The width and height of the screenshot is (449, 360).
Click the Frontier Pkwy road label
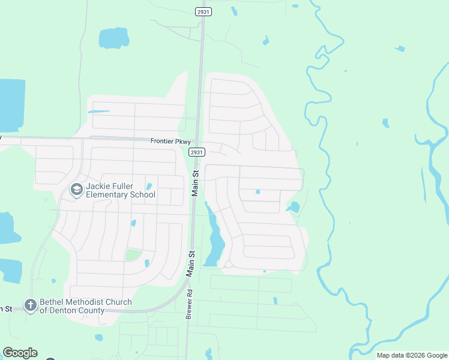[x=170, y=142]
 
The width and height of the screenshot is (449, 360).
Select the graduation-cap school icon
[x=76, y=190]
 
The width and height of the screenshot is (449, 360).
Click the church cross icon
[x=31, y=305]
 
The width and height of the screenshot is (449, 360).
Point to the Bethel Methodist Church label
[x=85, y=306]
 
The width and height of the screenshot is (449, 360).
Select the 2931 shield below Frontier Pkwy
[x=196, y=152]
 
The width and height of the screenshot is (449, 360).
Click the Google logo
[x=20, y=353]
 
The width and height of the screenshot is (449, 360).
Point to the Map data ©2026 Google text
[x=411, y=355]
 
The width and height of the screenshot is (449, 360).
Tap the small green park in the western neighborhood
[x=133, y=255]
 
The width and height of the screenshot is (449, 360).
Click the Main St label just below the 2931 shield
[x=194, y=182]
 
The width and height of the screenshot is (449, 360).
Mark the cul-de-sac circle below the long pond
[x=228, y=264]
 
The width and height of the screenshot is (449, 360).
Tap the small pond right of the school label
[x=149, y=187]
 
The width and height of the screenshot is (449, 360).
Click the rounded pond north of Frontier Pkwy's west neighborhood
[x=113, y=38]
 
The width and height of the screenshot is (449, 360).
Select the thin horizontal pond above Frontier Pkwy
[x=99, y=111]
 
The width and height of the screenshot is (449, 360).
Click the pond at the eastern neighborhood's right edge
[x=294, y=208]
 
